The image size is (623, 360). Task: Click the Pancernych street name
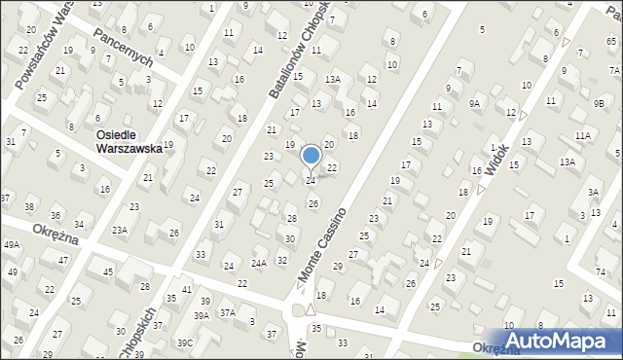click(124, 45)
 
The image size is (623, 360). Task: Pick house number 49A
click(12, 245)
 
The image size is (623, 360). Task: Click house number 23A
click(119, 231)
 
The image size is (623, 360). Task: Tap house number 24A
click(259, 263)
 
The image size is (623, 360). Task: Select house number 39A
click(202, 316)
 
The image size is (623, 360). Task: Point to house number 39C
click(184, 343)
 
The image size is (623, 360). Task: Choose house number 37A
click(227, 312)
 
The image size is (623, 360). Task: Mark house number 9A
click(474, 103)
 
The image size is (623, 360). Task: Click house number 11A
click(582, 136)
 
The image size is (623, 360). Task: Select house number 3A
click(593, 192)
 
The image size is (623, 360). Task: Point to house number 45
click(108, 272)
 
